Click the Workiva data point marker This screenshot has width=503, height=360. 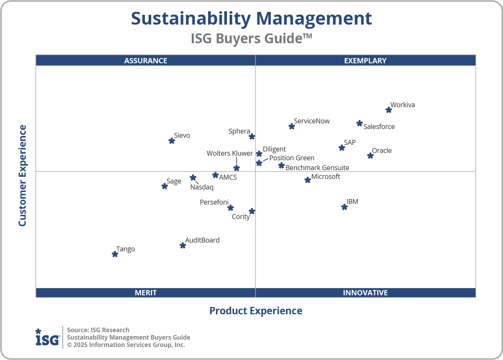pos(389,110)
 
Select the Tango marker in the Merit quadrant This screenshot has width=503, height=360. pos(115,254)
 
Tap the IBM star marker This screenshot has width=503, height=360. pos(345,207)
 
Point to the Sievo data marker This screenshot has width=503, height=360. pos(172,141)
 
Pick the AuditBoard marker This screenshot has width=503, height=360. pos(183,245)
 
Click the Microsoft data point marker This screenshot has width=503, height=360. pos(308,180)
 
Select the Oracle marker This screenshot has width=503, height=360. pos(370,156)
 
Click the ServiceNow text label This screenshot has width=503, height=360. pos(312,121)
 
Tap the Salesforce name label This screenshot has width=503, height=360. pos(379,127)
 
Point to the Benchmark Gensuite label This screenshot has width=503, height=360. pos(317,168)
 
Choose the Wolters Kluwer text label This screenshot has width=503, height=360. pos(230,154)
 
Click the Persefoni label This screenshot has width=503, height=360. pos(214,202)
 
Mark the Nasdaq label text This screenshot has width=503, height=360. pos(202,187)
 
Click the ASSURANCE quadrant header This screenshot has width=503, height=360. pos(146,60)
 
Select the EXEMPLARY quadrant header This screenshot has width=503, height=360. pos(365,60)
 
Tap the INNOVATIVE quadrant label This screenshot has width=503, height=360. pos(365,293)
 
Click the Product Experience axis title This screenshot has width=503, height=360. pos(256,311)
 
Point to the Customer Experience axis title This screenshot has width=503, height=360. pos(23,176)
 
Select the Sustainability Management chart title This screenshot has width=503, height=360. pos(251,19)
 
